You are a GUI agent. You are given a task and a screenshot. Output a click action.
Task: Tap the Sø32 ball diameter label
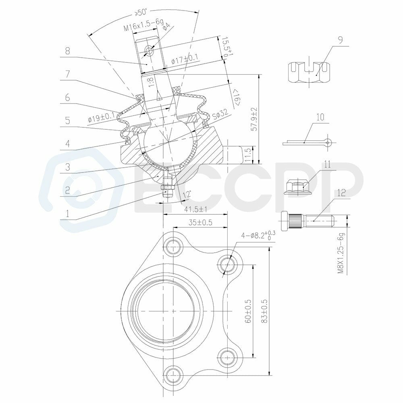[220, 114]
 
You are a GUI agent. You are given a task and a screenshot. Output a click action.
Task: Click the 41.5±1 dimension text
[196, 210]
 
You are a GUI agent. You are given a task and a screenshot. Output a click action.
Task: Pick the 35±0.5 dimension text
[200, 222]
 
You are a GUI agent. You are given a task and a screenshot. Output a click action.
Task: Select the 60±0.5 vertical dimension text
[248, 311]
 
